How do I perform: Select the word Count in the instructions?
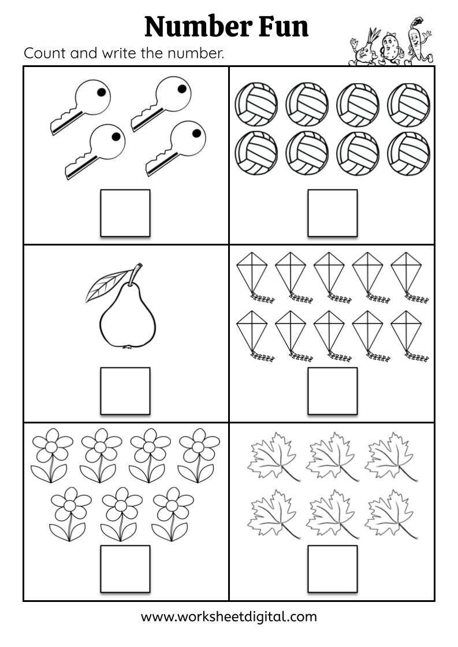(44, 54)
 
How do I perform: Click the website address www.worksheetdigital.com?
(229, 616)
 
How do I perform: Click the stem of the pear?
(135, 274)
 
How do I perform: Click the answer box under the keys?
(125, 213)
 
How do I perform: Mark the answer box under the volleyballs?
(332, 213)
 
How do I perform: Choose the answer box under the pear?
(125, 391)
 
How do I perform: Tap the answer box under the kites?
(332, 391)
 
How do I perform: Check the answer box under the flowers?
(125, 568)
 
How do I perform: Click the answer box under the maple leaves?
(332, 568)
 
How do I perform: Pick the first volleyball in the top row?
(256, 105)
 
